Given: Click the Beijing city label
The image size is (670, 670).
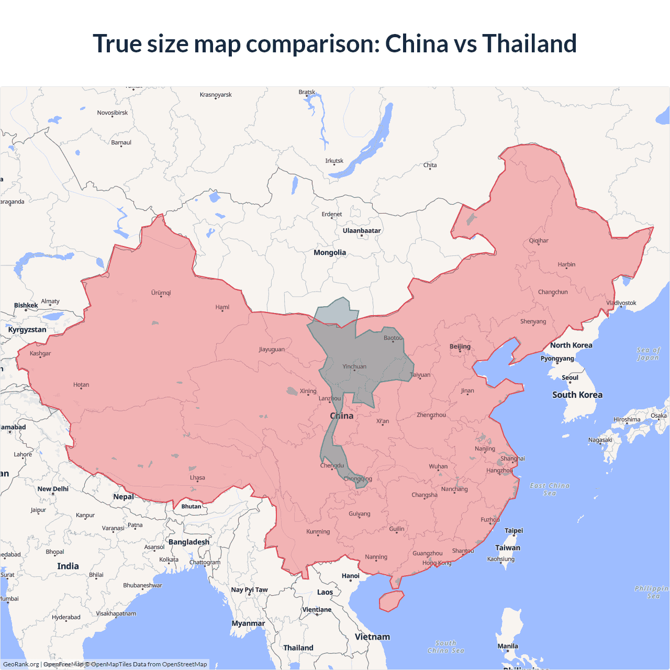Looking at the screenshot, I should click(x=460, y=347).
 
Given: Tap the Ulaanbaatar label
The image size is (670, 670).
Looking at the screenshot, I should click(x=362, y=231).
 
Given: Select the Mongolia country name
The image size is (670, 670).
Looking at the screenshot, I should click(x=330, y=253).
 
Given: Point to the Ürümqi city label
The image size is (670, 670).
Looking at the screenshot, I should click(x=161, y=293).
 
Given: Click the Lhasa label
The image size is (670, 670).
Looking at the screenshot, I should click(x=197, y=478).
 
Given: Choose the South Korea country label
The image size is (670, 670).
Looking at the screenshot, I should click(x=577, y=395).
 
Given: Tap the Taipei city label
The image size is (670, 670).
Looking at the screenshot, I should click(x=513, y=531).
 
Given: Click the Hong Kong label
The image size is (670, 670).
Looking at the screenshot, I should click(x=437, y=563).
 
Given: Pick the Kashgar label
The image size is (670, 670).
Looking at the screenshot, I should click(x=40, y=354).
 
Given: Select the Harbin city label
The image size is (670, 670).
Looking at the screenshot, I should click(x=566, y=265).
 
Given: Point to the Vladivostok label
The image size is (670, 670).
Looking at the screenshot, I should click(x=621, y=303).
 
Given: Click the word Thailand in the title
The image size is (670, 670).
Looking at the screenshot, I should click(x=529, y=43).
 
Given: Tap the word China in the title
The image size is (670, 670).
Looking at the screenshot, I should click(x=417, y=43).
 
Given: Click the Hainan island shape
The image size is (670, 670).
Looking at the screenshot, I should click(x=391, y=601).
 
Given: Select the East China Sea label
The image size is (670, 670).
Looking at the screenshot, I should click(x=550, y=489).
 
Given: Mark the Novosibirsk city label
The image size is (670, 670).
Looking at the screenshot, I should click(x=113, y=113).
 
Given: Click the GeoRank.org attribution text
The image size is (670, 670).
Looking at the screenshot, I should click(x=21, y=664).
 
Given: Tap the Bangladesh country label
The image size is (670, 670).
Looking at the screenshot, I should click(x=189, y=542).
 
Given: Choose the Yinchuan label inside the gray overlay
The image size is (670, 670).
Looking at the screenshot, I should click(x=354, y=367).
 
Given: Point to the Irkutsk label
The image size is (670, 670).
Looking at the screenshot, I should click(x=334, y=161).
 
